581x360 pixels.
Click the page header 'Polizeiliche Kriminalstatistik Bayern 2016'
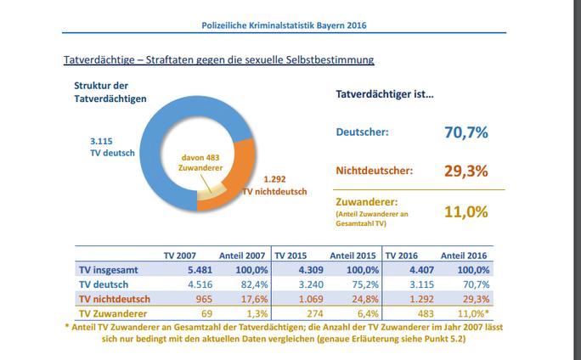290,25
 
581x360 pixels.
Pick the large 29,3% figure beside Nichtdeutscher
465,170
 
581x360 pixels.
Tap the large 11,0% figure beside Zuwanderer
465,208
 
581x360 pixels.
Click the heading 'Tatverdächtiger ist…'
380,93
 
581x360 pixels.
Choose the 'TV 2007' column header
180,254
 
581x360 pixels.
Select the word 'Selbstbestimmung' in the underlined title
326,60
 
